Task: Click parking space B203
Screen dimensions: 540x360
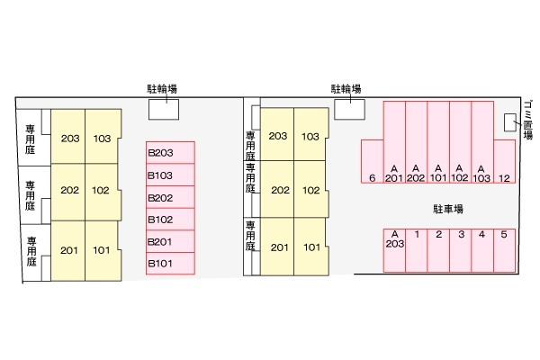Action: pyautogui.click(x=170, y=153)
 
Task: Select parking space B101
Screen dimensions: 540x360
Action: pyautogui.click(x=170, y=264)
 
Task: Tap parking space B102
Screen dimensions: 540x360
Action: pyautogui.click(x=170, y=219)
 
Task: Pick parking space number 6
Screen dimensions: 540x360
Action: pyautogui.click(x=373, y=161)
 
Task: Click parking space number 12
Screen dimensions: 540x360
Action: pyautogui.click(x=505, y=161)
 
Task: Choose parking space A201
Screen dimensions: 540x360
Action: pyautogui.click(x=394, y=142)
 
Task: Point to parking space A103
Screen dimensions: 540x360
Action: pyautogui.click(x=482, y=142)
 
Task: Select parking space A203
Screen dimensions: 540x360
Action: pyautogui.click(x=394, y=250)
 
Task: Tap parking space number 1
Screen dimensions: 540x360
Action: pyautogui.click(x=417, y=250)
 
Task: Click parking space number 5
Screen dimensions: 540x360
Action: pyautogui.click(x=505, y=250)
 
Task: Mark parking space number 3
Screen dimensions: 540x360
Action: pyautogui.click(x=461, y=250)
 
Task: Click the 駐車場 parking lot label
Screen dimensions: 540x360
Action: pyautogui.click(x=448, y=209)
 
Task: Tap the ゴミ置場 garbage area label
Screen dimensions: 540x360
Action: pyautogui.click(x=528, y=120)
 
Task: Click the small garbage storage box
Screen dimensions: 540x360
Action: pyautogui.click(x=510, y=122)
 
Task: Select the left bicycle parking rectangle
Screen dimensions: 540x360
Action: pyautogui.click(x=164, y=110)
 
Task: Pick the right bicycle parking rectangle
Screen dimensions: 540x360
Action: pyautogui.click(x=349, y=110)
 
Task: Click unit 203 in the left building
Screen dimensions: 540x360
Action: pyautogui.click(x=68, y=137)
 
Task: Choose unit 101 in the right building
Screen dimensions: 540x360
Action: pyautogui.click(x=311, y=247)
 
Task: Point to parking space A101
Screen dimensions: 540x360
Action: pyautogui.click(x=438, y=142)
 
